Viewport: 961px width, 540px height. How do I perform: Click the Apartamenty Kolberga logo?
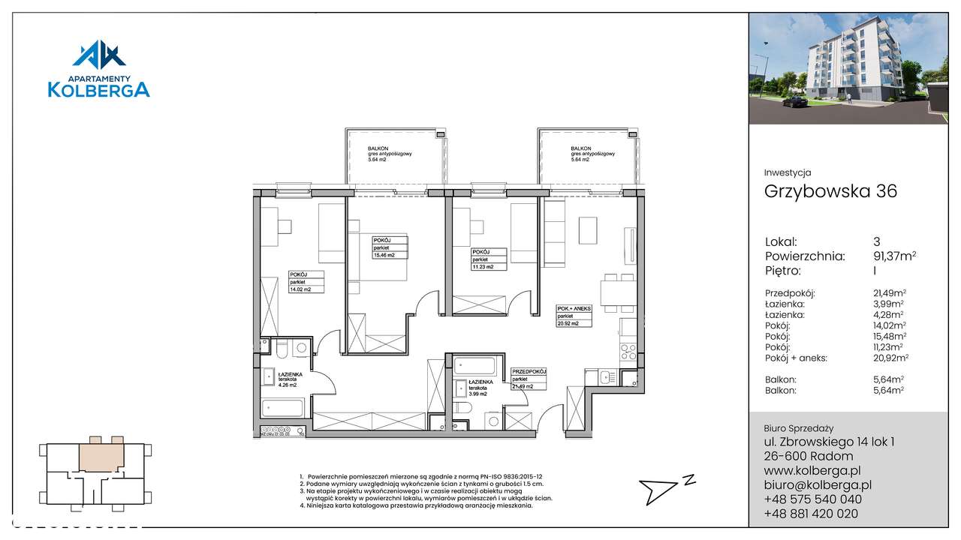click(99, 70)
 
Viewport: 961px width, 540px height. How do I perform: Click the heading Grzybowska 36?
click(830, 191)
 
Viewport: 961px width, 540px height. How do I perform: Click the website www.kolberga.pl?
click(812, 470)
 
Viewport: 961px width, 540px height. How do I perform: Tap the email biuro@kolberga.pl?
click(818, 484)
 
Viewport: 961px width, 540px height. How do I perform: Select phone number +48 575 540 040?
click(813, 499)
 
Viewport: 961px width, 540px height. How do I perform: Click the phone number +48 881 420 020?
click(813, 514)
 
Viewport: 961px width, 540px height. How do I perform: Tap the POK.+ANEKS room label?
click(574, 316)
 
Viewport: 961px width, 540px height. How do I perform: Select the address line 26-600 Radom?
click(803, 456)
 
